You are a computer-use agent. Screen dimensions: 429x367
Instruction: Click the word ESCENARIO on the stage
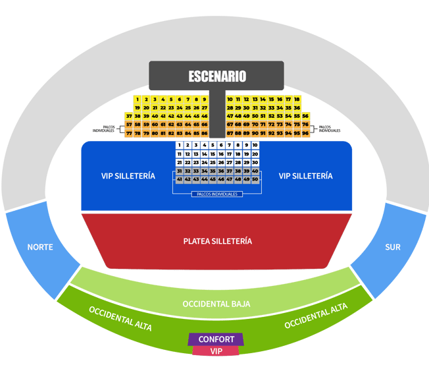[x=217, y=76]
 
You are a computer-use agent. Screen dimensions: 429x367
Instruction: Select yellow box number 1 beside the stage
[x=138, y=99]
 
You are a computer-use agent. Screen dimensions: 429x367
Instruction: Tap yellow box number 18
[x=297, y=99]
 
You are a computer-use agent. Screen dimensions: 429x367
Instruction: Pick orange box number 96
[x=305, y=133]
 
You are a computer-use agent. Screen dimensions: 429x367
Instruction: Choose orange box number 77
[x=129, y=133]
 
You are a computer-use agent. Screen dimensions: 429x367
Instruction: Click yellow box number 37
[x=129, y=116]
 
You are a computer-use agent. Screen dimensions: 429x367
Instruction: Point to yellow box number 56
[x=305, y=116]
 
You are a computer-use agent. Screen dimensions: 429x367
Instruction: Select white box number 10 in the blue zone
[x=255, y=145]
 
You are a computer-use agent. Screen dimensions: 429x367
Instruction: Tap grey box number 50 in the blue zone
[x=255, y=179]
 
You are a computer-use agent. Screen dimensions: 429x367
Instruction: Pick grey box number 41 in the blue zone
[x=179, y=179]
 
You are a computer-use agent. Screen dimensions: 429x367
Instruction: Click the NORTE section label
[x=40, y=247]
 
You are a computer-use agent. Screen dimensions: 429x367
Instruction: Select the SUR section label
[x=393, y=247]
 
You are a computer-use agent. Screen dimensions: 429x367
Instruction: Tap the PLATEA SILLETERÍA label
[x=218, y=241]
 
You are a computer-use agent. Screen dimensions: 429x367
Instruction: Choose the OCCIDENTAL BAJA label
[x=216, y=304]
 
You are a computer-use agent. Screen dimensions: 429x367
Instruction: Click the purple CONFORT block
[x=216, y=339]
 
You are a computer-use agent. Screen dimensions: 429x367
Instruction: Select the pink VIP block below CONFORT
[x=216, y=351]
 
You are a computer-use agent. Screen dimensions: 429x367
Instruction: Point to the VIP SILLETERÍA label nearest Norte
[x=128, y=176]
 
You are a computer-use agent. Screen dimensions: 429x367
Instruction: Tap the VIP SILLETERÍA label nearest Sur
[x=305, y=176]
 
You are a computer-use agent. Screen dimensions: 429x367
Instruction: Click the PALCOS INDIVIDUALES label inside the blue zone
[x=217, y=194]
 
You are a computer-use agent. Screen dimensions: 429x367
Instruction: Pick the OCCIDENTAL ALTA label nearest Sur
[x=316, y=316]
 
